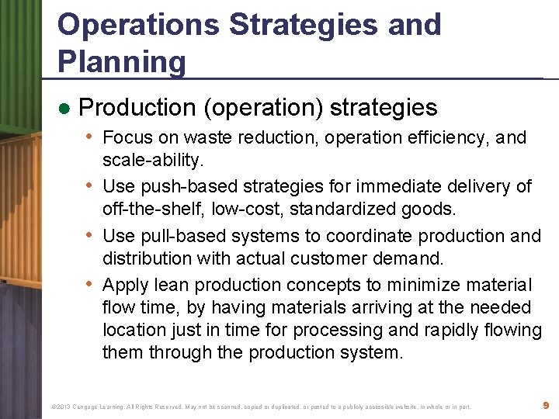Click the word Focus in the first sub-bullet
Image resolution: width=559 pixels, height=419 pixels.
point(127,138)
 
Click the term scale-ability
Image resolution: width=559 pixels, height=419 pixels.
point(151,160)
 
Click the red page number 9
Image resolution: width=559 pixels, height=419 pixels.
point(546,405)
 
